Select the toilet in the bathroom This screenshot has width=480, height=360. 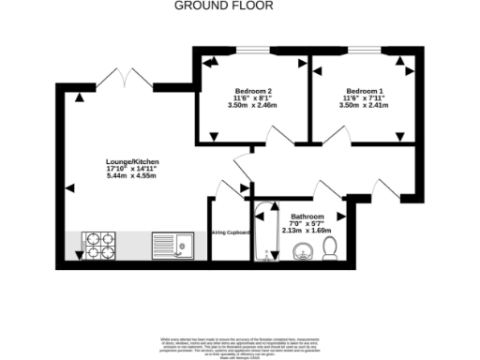pos(330,247)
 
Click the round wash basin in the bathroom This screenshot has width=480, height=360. pos(302,250)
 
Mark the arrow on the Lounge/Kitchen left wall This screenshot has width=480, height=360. pos(69,189)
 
